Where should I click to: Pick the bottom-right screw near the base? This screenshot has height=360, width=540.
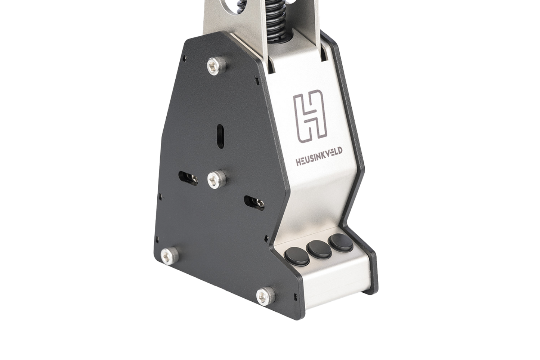point(266,294)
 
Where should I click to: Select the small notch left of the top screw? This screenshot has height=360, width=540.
point(185,58)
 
